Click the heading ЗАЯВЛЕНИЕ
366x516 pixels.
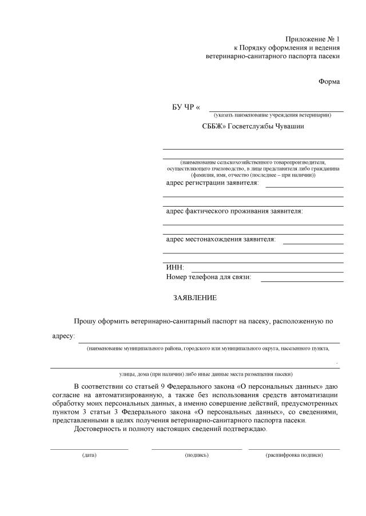[195, 298]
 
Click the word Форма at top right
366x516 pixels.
[329, 82]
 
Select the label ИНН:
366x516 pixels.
[175, 268]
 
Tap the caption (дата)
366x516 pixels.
[89, 455]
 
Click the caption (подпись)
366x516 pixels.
[197, 455]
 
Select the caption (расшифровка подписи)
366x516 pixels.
[294, 455]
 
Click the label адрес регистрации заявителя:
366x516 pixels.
[212, 183]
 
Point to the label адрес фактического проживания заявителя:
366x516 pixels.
[234, 211]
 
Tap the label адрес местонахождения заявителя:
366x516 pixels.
[220, 239]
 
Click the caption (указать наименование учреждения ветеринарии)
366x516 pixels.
[272, 115]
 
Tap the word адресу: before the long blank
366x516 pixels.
[63, 336]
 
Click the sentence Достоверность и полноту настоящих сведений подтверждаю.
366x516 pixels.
[170, 429]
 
